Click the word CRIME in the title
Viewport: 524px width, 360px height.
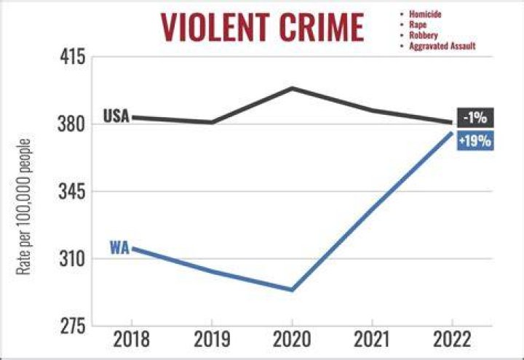[x=322, y=28]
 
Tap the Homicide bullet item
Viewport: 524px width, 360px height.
[x=425, y=14]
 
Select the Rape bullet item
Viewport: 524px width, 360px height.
[x=418, y=25]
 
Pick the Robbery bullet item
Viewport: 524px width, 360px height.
[x=424, y=36]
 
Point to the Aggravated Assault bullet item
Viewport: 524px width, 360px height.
[x=442, y=46]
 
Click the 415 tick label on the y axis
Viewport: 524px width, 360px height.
[x=73, y=57]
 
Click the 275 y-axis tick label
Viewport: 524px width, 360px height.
[x=73, y=327]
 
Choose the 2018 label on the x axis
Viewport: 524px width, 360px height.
[x=132, y=340]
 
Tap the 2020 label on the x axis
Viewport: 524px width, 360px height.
[x=292, y=340]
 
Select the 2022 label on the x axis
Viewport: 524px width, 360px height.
[x=452, y=340]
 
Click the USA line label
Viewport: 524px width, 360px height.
[x=116, y=116]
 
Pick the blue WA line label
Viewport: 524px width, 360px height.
[x=119, y=248]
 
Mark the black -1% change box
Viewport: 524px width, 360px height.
[x=475, y=118]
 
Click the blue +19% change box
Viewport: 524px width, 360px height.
[x=475, y=140]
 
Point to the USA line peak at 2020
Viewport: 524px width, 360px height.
[x=292, y=88]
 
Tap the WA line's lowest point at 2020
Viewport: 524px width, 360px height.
[x=292, y=289]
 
